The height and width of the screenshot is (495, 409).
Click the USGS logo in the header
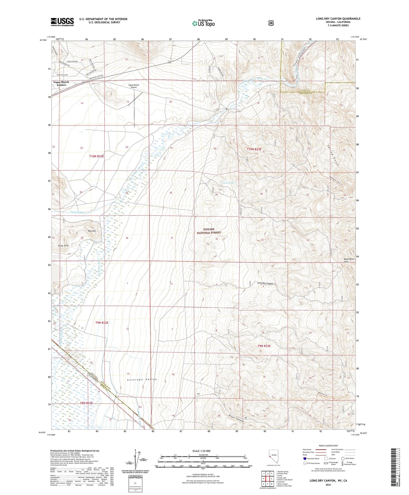click(x=62, y=22)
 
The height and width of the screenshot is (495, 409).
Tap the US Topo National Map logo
click(x=203, y=23)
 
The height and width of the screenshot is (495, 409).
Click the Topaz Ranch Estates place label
click(x=61, y=83)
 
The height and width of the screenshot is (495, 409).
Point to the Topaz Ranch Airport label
click(x=134, y=86)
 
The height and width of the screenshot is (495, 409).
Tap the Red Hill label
click(x=92, y=231)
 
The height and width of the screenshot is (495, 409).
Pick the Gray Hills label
click(x=63, y=246)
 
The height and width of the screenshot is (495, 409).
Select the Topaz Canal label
click(x=77, y=212)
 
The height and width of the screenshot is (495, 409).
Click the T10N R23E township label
click(x=254, y=149)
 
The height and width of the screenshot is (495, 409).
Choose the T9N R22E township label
click(x=102, y=323)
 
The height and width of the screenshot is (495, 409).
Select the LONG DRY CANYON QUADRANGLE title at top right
click(x=338, y=19)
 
